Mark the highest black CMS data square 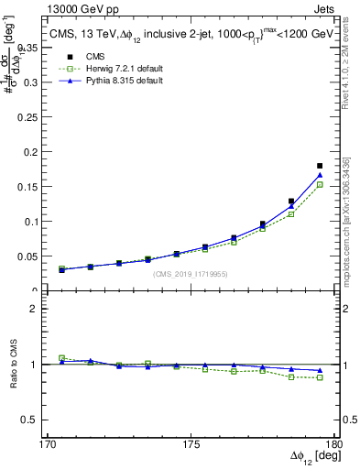tap(320, 166)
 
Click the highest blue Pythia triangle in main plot tap(320, 174)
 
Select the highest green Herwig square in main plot tap(320, 184)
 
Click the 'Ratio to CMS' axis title tap(16, 365)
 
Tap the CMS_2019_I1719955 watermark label tap(191, 274)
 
